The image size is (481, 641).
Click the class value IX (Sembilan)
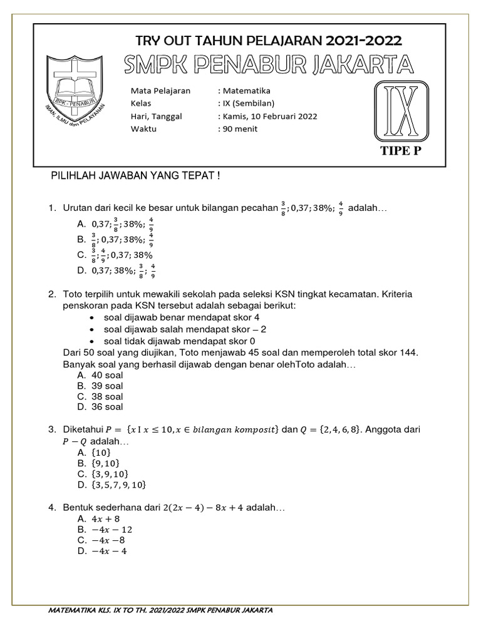coord(248,103)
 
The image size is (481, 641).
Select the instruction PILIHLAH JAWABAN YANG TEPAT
coord(135,177)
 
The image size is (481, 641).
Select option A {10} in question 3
coord(100,453)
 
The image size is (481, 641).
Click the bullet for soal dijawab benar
coord(92,318)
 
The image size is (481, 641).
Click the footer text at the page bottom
coord(160,610)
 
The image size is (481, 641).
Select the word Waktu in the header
coord(143,129)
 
